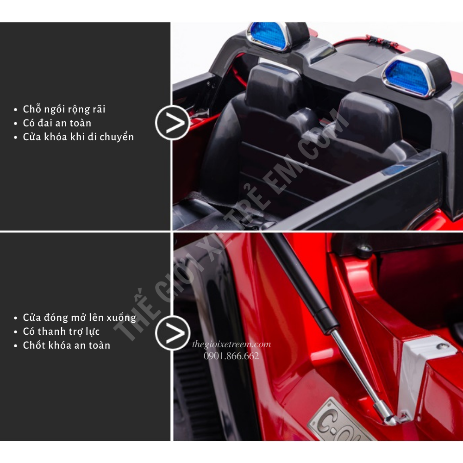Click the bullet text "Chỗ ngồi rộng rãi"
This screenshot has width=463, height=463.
tap(64, 109)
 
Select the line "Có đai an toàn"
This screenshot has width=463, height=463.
tap(57, 123)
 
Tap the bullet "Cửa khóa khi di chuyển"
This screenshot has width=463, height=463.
tap(78, 137)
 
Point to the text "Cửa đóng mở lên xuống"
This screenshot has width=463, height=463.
tap(80, 318)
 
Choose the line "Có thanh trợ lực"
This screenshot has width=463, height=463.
tap(61, 332)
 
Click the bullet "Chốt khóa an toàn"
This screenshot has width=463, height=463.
tap(66, 345)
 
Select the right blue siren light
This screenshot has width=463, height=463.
tap(409, 77)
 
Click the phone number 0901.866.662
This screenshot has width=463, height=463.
tap(231, 356)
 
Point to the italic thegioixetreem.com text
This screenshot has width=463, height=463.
tap(231, 344)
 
